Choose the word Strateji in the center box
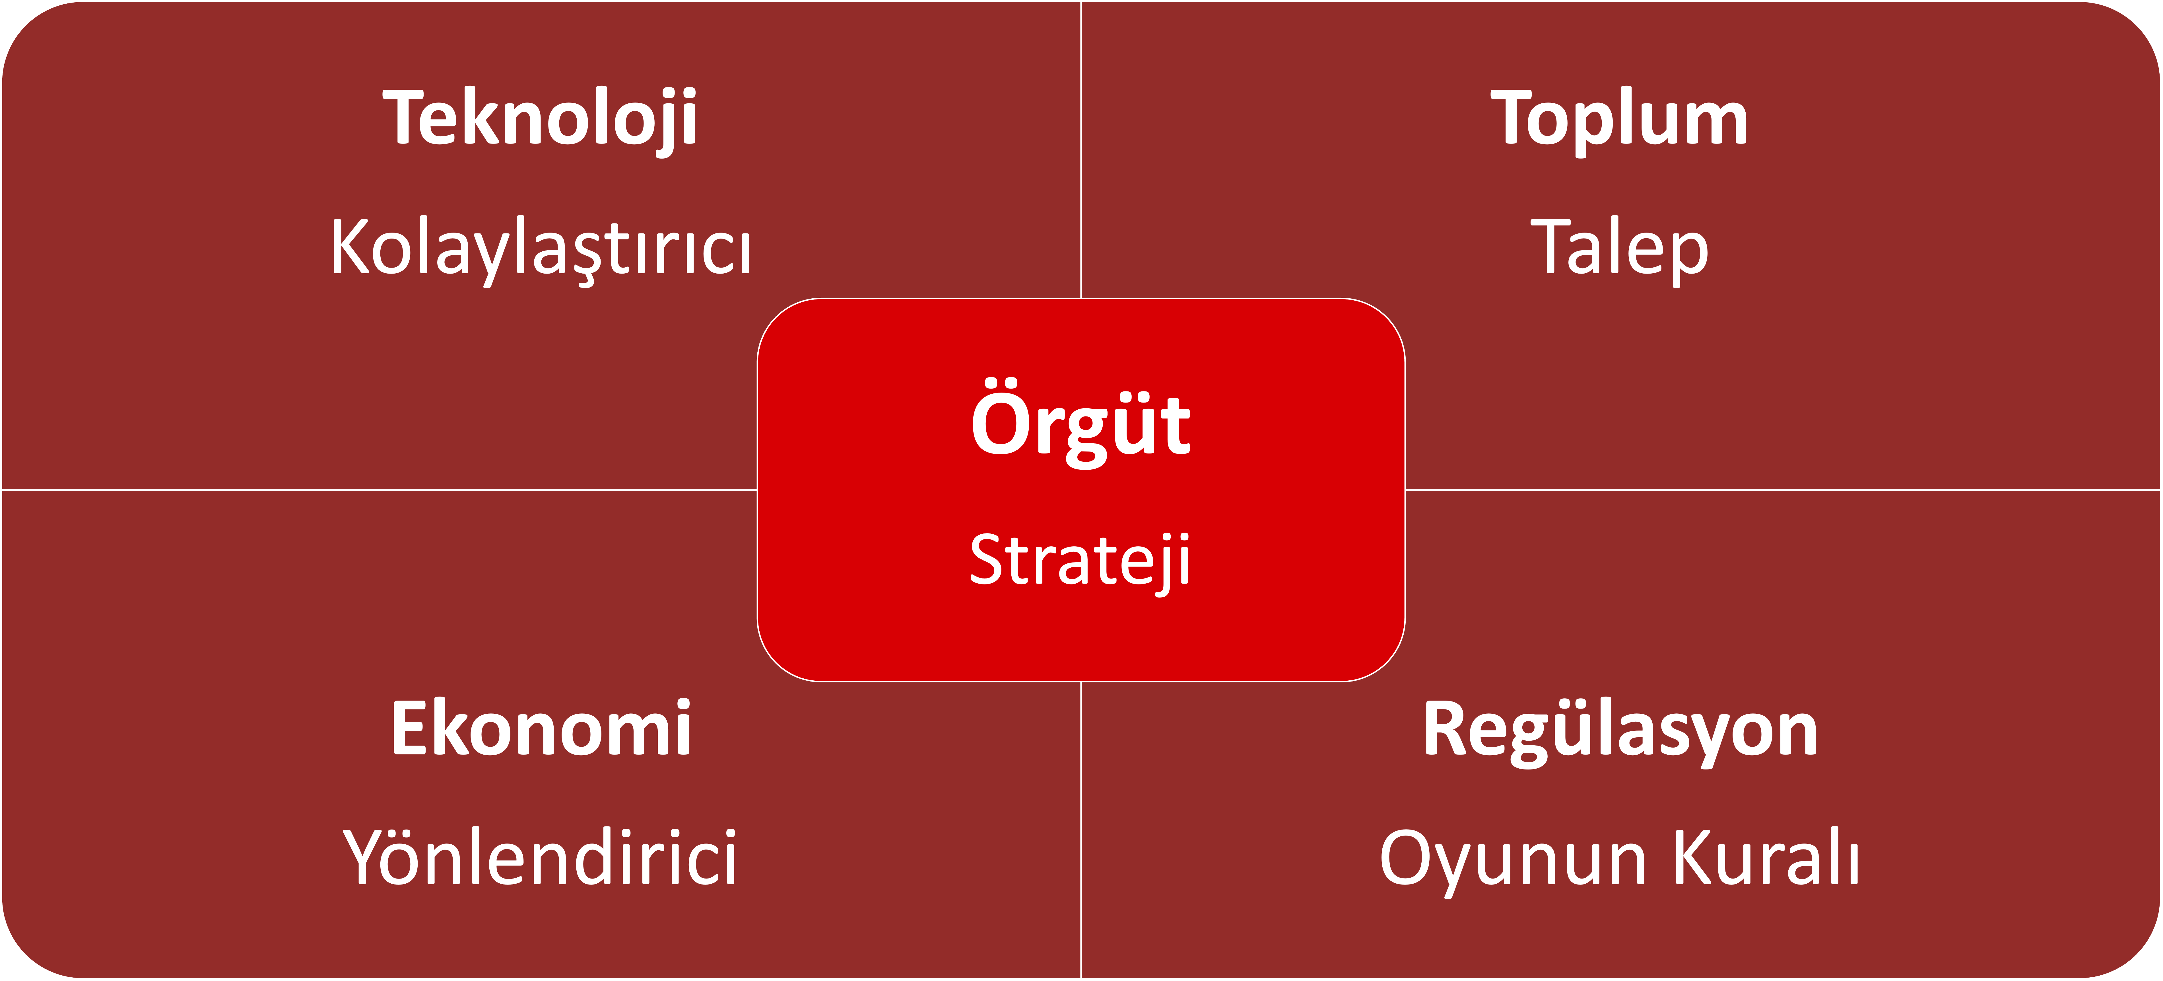pos(1081,561)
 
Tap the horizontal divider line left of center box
pos(380,490)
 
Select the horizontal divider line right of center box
pos(1783,490)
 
